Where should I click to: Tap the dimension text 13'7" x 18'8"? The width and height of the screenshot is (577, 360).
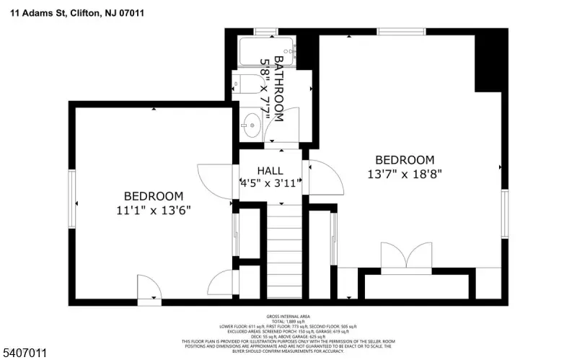point(404,174)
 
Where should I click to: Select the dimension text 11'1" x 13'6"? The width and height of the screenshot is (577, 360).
point(154,209)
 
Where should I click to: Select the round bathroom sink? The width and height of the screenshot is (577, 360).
point(250,125)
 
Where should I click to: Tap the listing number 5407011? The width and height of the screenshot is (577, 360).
point(25,353)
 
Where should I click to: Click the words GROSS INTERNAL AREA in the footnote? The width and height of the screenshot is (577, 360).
point(288,317)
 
